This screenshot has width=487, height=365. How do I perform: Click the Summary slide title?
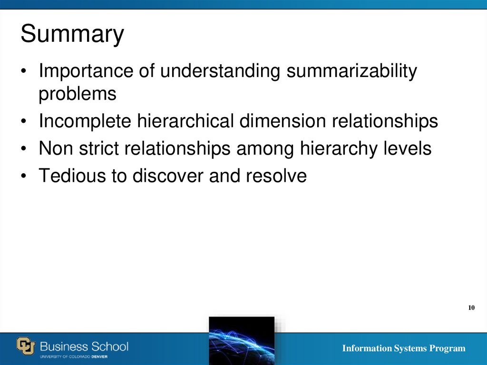point(72,35)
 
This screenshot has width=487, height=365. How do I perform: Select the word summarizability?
point(351,71)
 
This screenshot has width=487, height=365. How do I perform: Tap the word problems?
point(77,94)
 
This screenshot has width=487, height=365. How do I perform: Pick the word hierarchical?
point(185,121)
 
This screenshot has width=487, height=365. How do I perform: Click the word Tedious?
point(71,176)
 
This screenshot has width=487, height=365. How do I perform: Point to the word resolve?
point(276,176)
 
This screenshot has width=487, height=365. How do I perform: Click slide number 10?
point(471,308)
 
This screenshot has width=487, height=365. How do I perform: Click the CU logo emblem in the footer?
point(26,346)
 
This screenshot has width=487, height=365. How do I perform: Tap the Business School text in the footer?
point(84,345)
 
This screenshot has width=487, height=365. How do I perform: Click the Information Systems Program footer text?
point(403,348)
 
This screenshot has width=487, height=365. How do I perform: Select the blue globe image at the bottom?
point(242,340)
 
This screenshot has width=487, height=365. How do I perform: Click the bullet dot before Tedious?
point(23,177)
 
